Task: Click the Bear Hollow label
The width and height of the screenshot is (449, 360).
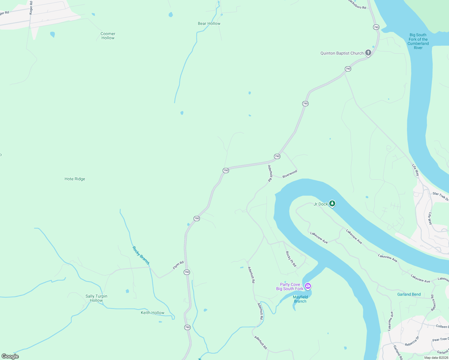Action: pos(209,23)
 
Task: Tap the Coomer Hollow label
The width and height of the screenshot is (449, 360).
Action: pos(108,36)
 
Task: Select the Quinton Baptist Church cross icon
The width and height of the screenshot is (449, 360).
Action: pos(368,53)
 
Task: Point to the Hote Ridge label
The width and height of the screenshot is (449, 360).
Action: pos(75,179)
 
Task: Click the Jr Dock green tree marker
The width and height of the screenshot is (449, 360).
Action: pos(332,204)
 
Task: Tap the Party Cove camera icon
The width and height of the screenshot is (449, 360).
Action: pos(308,286)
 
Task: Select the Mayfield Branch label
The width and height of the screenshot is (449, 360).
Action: pos(300,299)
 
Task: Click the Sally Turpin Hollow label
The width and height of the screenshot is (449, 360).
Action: pos(96,298)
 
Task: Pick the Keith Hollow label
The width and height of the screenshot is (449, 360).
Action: pos(152,313)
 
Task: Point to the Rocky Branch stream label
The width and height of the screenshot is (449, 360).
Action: pos(141,255)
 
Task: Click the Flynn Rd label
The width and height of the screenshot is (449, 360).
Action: pos(178,265)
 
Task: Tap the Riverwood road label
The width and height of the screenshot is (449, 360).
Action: pos(290,174)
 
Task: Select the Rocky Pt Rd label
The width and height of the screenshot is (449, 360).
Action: pos(291,259)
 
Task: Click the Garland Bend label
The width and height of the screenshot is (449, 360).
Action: pos(409,294)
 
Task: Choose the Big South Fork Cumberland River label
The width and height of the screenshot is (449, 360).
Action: pos(418,41)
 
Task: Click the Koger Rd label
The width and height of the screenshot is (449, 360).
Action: pos(31,7)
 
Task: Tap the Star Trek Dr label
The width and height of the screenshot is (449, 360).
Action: pos(440,196)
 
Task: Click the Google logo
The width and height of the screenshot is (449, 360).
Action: pos(10,356)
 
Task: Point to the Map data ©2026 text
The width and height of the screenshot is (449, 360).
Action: pos(436,358)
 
